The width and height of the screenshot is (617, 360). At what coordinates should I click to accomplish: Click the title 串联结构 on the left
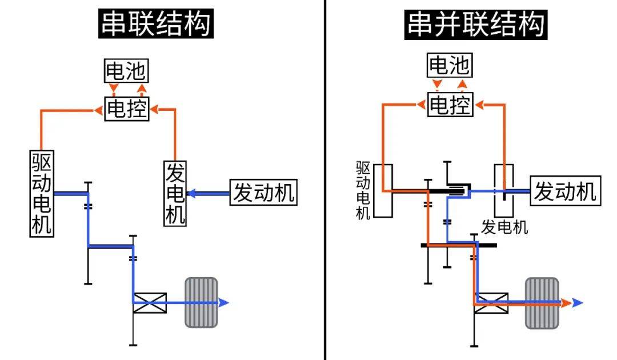156,25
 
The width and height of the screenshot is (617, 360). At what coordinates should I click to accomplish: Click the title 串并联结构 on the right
476,25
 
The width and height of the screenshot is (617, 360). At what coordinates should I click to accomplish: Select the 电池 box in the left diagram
126,71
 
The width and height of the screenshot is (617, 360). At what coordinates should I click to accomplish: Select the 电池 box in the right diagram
450,65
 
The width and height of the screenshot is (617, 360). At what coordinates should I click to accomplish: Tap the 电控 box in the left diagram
126,108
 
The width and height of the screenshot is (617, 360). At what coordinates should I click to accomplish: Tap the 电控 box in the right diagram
450,105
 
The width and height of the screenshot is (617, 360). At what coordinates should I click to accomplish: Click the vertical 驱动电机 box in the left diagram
42,193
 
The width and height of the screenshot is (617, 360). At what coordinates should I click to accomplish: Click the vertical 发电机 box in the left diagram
175,193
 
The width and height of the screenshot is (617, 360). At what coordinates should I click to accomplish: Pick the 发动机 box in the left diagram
263,193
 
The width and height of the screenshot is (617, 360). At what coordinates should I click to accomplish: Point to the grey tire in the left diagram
201,302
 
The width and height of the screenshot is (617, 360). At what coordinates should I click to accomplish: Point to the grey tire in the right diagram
542,302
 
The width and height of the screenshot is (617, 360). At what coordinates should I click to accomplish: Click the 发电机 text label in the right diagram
504,227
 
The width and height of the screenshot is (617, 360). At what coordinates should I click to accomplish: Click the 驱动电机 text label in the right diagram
363,190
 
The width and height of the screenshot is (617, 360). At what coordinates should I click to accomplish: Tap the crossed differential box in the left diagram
150,302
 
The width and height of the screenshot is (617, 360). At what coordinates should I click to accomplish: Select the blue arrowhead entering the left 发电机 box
192,194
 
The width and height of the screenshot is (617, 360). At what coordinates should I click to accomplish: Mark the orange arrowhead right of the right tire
566,302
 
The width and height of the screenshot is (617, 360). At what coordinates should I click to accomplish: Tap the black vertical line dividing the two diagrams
325,180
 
